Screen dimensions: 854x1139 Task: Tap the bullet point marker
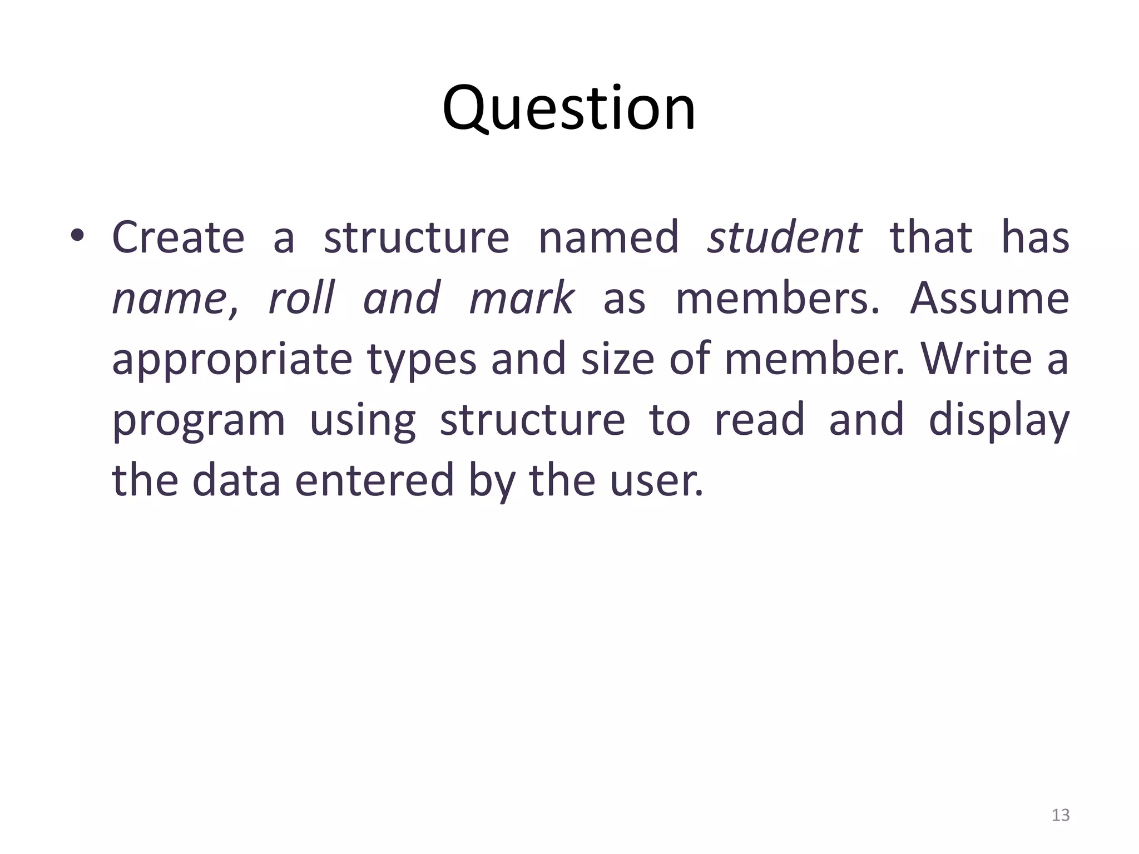(77, 237)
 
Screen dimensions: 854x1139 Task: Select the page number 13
(1061, 815)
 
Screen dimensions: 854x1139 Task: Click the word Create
(178, 237)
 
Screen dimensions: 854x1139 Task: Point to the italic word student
(784, 237)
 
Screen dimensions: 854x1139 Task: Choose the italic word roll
(301, 298)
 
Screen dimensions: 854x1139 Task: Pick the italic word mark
(522, 298)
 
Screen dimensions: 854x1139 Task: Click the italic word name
(169, 299)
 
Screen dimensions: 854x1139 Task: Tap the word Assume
(989, 298)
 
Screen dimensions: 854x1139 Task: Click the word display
(999, 421)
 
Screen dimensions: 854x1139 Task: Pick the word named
(608, 237)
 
